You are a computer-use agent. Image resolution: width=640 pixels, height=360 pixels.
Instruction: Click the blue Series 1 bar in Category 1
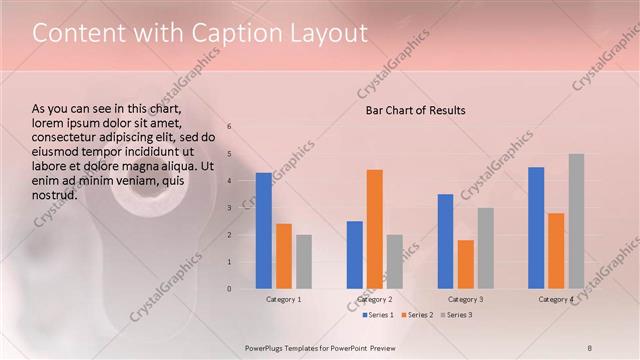point(263,231)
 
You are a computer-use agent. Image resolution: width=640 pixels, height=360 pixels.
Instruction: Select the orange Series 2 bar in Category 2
point(375,229)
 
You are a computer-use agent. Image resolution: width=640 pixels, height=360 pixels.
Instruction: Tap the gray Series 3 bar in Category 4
point(576,221)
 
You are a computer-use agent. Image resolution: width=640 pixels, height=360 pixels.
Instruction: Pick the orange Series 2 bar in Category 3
point(466,264)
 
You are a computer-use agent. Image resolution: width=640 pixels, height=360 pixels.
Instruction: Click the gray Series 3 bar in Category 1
point(304,262)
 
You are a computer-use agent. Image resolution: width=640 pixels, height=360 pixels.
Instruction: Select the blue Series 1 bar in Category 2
point(355,255)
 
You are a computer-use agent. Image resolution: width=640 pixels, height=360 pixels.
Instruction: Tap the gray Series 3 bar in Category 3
point(486,248)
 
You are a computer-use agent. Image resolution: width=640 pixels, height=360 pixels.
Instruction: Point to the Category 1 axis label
point(284,299)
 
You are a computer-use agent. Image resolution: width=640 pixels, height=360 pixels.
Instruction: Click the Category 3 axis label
point(466,299)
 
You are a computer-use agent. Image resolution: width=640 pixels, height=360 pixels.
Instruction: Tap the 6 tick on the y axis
point(229,127)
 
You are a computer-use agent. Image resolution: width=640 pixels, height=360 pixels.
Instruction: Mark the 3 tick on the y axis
point(229,208)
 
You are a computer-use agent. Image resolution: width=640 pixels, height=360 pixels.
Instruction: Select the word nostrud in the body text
point(55,194)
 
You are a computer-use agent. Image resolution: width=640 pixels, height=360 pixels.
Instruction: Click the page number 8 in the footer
point(589,347)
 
